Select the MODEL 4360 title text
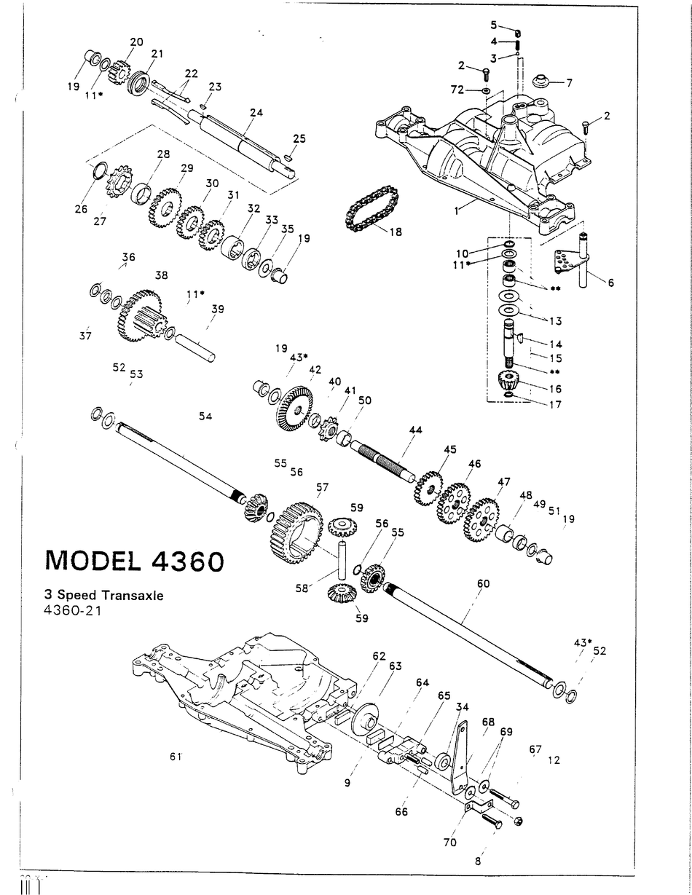coord(133,560)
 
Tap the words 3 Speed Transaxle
coord(104,595)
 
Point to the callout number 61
coord(175,757)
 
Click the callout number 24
coord(256,113)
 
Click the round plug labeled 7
coord(540,80)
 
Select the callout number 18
coord(396,232)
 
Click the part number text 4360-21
coord(72,610)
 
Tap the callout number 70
coord(450,842)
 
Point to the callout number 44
coord(415,430)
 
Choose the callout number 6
coord(610,283)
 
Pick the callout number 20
coord(136,42)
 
